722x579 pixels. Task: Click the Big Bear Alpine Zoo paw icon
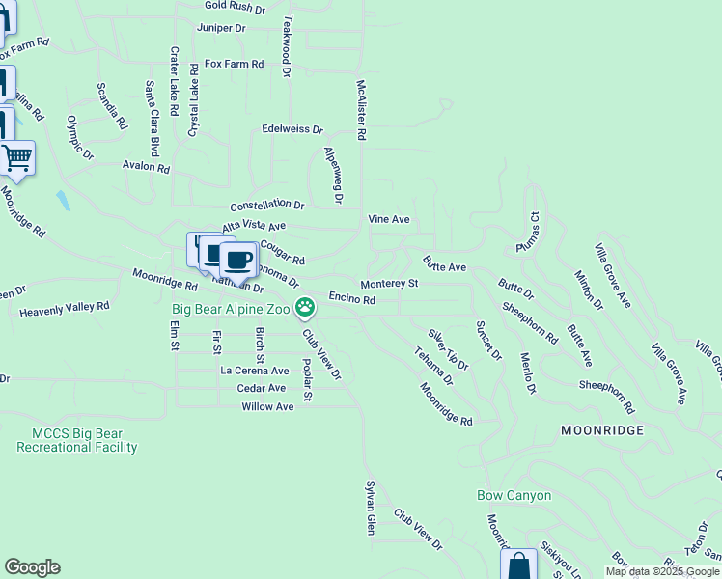coord(305,308)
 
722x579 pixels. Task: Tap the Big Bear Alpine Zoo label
coord(232,309)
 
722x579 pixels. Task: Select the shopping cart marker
coord(16,157)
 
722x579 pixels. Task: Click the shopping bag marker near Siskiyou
coord(519,565)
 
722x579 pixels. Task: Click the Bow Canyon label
coord(514,496)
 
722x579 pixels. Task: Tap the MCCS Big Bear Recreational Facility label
coord(77,440)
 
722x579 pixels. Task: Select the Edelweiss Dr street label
coord(292,128)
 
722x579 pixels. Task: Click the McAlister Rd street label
coord(361,111)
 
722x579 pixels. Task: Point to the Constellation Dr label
coord(266,207)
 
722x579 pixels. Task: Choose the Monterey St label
coord(389,285)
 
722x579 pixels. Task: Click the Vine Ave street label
coord(389,219)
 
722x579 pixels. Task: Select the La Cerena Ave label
coord(255,371)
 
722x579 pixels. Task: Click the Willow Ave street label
coord(267,407)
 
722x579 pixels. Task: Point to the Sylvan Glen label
coord(370,508)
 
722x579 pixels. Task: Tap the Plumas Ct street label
coord(534,232)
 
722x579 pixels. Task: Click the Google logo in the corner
coord(32,567)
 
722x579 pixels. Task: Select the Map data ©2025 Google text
coord(662,571)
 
